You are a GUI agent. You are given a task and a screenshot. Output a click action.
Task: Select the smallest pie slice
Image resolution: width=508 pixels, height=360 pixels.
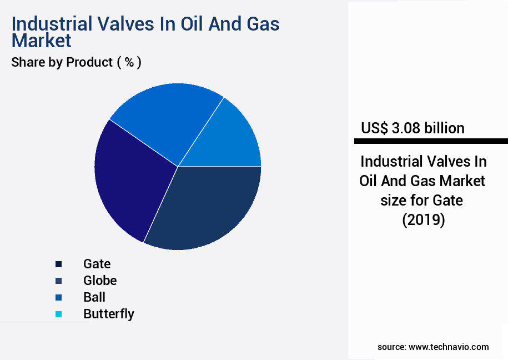pos(233,139)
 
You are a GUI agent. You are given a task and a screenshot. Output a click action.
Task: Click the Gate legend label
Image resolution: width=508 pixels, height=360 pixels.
pos(97,263)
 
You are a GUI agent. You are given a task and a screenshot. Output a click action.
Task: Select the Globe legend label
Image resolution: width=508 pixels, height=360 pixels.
pos(100,280)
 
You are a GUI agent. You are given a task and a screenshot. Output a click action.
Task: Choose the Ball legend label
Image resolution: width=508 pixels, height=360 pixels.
pos(94,297)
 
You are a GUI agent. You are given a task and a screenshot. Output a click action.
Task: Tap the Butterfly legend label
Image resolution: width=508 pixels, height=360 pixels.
pos(109,313)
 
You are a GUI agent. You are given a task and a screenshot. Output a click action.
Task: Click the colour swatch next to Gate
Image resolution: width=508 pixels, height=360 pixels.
pos(58,264)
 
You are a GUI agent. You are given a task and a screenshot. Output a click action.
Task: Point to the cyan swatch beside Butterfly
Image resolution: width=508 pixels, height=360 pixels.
pos(58,314)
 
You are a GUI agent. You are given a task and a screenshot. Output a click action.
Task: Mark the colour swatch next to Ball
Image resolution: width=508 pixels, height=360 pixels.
pos(58,297)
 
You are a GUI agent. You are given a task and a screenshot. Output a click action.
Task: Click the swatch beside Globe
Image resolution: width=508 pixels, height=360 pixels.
pos(58,281)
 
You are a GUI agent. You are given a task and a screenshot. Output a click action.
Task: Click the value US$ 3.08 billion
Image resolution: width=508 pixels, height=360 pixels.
pos(413,128)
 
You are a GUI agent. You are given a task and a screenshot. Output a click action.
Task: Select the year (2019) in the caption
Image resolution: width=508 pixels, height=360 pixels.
pos(424,220)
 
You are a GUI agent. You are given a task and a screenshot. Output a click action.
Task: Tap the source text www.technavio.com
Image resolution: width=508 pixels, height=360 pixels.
pos(449,347)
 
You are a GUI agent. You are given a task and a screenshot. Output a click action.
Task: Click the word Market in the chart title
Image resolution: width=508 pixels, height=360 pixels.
pos(42,41)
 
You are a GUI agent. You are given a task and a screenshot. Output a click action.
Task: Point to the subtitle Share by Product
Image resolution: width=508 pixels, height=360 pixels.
pos(62,62)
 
